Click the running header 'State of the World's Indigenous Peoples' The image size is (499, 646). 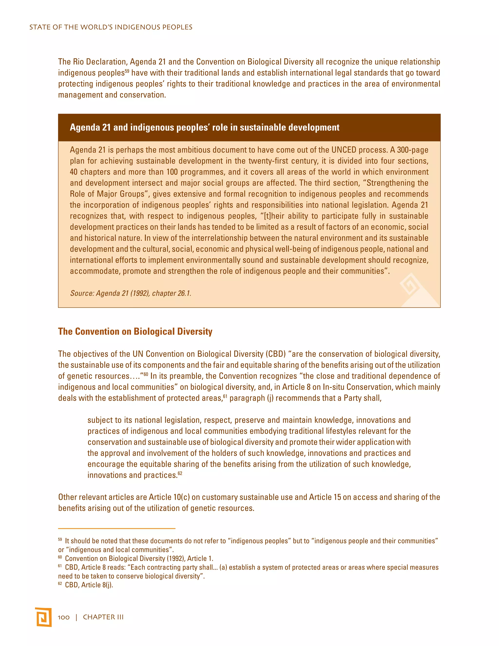tap(111, 27)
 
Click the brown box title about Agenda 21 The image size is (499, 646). tap(205, 127)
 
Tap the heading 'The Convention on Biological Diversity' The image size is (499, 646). tap(135, 331)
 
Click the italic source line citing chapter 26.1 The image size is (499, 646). tap(131, 293)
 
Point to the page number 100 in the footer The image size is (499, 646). tap(64, 617)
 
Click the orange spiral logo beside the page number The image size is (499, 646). tap(43, 617)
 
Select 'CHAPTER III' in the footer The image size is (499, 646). tap(103, 617)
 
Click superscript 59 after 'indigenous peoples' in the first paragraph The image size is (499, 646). tap(127, 71)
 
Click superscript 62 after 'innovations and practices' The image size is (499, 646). tap(180, 473)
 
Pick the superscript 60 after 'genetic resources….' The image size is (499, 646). tap(146, 374)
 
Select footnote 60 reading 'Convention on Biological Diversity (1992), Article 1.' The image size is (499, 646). tap(139, 558)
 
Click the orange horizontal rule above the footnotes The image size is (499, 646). tap(116, 528)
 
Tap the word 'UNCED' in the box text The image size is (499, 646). tap(344, 150)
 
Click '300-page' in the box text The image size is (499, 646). tap(413, 150)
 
